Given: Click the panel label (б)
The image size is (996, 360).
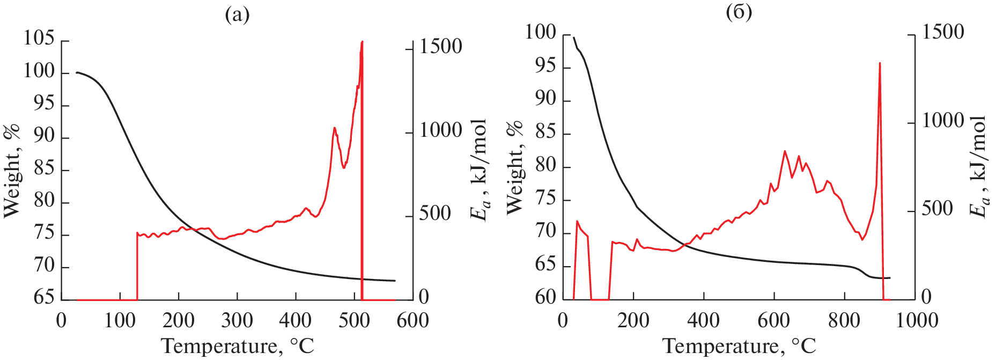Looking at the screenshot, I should (739, 12).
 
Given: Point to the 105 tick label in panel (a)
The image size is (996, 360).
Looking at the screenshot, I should (39, 38).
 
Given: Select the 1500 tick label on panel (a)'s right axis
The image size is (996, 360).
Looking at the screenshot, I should (440, 47).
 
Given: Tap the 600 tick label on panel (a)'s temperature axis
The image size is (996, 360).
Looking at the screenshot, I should (412, 320).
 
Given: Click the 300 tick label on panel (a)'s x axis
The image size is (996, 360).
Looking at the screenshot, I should (237, 320).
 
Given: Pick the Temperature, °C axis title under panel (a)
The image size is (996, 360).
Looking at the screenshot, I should (237, 346).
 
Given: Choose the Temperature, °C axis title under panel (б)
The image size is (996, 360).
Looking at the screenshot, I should (739, 346).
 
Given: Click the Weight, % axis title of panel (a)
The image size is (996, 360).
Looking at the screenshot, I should (12, 171).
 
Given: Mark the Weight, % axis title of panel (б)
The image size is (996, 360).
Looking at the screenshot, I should (514, 167).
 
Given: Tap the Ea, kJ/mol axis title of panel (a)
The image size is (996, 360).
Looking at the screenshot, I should (479, 171).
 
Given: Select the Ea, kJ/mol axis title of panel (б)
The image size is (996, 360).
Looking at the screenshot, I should (979, 167).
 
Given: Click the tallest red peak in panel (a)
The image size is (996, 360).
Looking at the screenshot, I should (362, 42).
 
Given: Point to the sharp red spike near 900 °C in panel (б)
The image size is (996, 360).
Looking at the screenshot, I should (880, 63).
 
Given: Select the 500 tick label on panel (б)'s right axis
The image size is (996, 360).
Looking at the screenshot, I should (937, 209).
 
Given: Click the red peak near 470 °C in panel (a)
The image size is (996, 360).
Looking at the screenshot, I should (335, 128).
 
